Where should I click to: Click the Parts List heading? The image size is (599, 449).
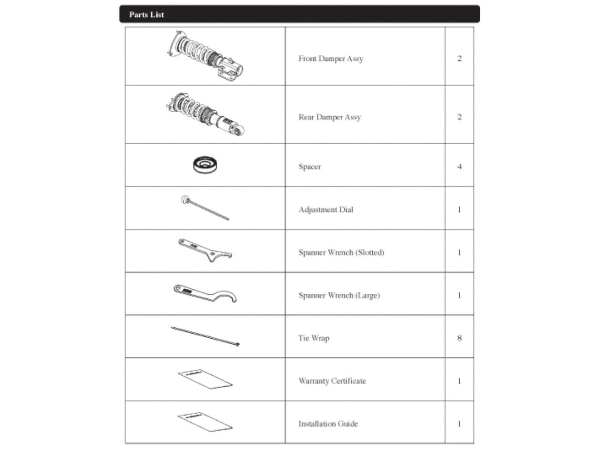point(146,14)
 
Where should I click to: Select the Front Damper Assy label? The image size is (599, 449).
point(330,59)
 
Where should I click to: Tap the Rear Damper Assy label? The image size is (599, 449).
point(329,117)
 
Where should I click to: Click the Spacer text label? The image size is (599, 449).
point(309,167)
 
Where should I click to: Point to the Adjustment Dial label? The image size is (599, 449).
point(325,210)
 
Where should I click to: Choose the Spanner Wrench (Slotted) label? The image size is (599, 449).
point(341,252)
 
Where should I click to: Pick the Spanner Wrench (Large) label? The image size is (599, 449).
point(339,295)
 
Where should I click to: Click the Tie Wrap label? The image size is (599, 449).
point(313,338)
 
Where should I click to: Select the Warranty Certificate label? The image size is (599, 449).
point(332,381)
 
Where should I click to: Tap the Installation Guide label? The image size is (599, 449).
point(328,424)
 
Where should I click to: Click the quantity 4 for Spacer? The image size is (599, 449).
point(459,167)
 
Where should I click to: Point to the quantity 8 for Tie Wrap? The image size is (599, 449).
point(459,338)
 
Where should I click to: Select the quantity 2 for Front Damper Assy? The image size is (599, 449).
point(459,59)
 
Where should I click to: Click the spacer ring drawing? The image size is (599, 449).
point(207,165)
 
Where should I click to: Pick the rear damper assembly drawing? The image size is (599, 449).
point(205,115)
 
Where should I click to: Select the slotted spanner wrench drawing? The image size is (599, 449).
point(205,250)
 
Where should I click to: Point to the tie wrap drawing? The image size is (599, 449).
point(205,336)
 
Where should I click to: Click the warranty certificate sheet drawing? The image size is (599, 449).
point(205,380)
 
